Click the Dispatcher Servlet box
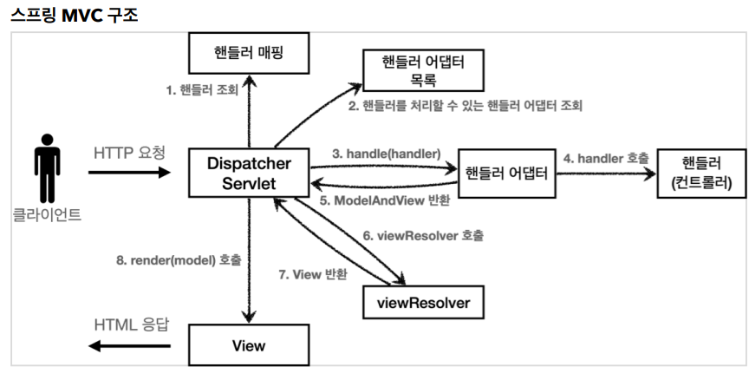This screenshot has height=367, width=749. click(248, 172)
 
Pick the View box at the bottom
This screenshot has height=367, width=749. click(248, 345)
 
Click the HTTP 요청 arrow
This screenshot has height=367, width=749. click(129, 173)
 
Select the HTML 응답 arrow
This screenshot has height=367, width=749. click(129, 346)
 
